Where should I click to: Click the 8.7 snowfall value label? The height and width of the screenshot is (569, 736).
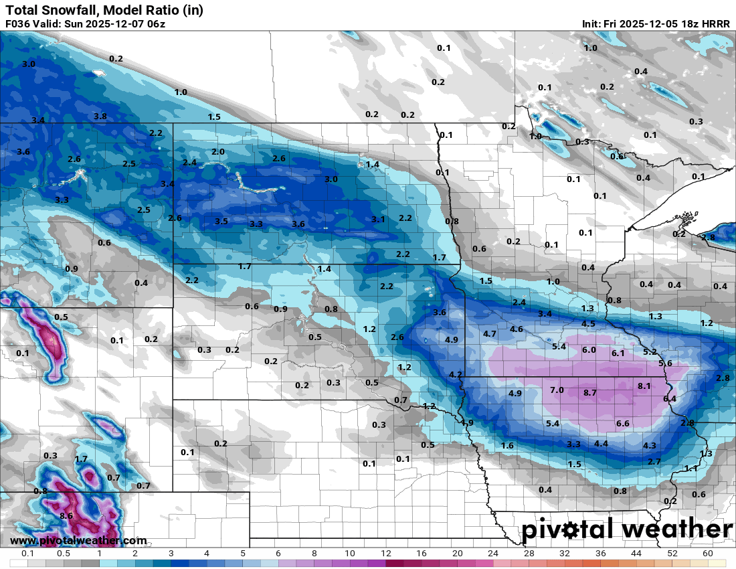tap(589, 393)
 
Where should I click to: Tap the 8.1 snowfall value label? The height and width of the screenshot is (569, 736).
tap(644, 386)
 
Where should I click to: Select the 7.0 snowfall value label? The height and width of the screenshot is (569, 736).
tap(557, 390)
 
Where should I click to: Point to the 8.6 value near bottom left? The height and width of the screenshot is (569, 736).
tap(66, 516)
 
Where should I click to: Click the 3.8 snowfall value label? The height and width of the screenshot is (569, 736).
tap(100, 116)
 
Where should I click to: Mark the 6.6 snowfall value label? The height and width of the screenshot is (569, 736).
tap(622, 424)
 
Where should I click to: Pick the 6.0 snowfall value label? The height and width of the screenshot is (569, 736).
tap(589, 350)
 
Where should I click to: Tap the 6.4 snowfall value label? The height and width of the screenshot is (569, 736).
tap(670, 399)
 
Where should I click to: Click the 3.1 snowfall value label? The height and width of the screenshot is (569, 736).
tap(378, 220)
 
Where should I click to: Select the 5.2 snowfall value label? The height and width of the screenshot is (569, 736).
tap(649, 352)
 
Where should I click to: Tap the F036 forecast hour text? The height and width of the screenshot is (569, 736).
tap(18, 24)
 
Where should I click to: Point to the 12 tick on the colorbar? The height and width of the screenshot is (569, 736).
tap(386, 554)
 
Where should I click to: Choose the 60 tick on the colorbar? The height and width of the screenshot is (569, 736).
tap(707, 554)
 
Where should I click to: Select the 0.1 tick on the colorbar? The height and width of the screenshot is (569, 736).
tap(28, 554)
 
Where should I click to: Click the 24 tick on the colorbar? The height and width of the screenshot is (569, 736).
tap(493, 554)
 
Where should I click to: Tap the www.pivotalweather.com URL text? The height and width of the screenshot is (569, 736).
tap(78, 541)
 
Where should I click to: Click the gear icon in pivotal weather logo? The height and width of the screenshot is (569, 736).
tap(570, 531)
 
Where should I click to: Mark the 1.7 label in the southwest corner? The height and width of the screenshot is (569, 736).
tap(81, 459)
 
